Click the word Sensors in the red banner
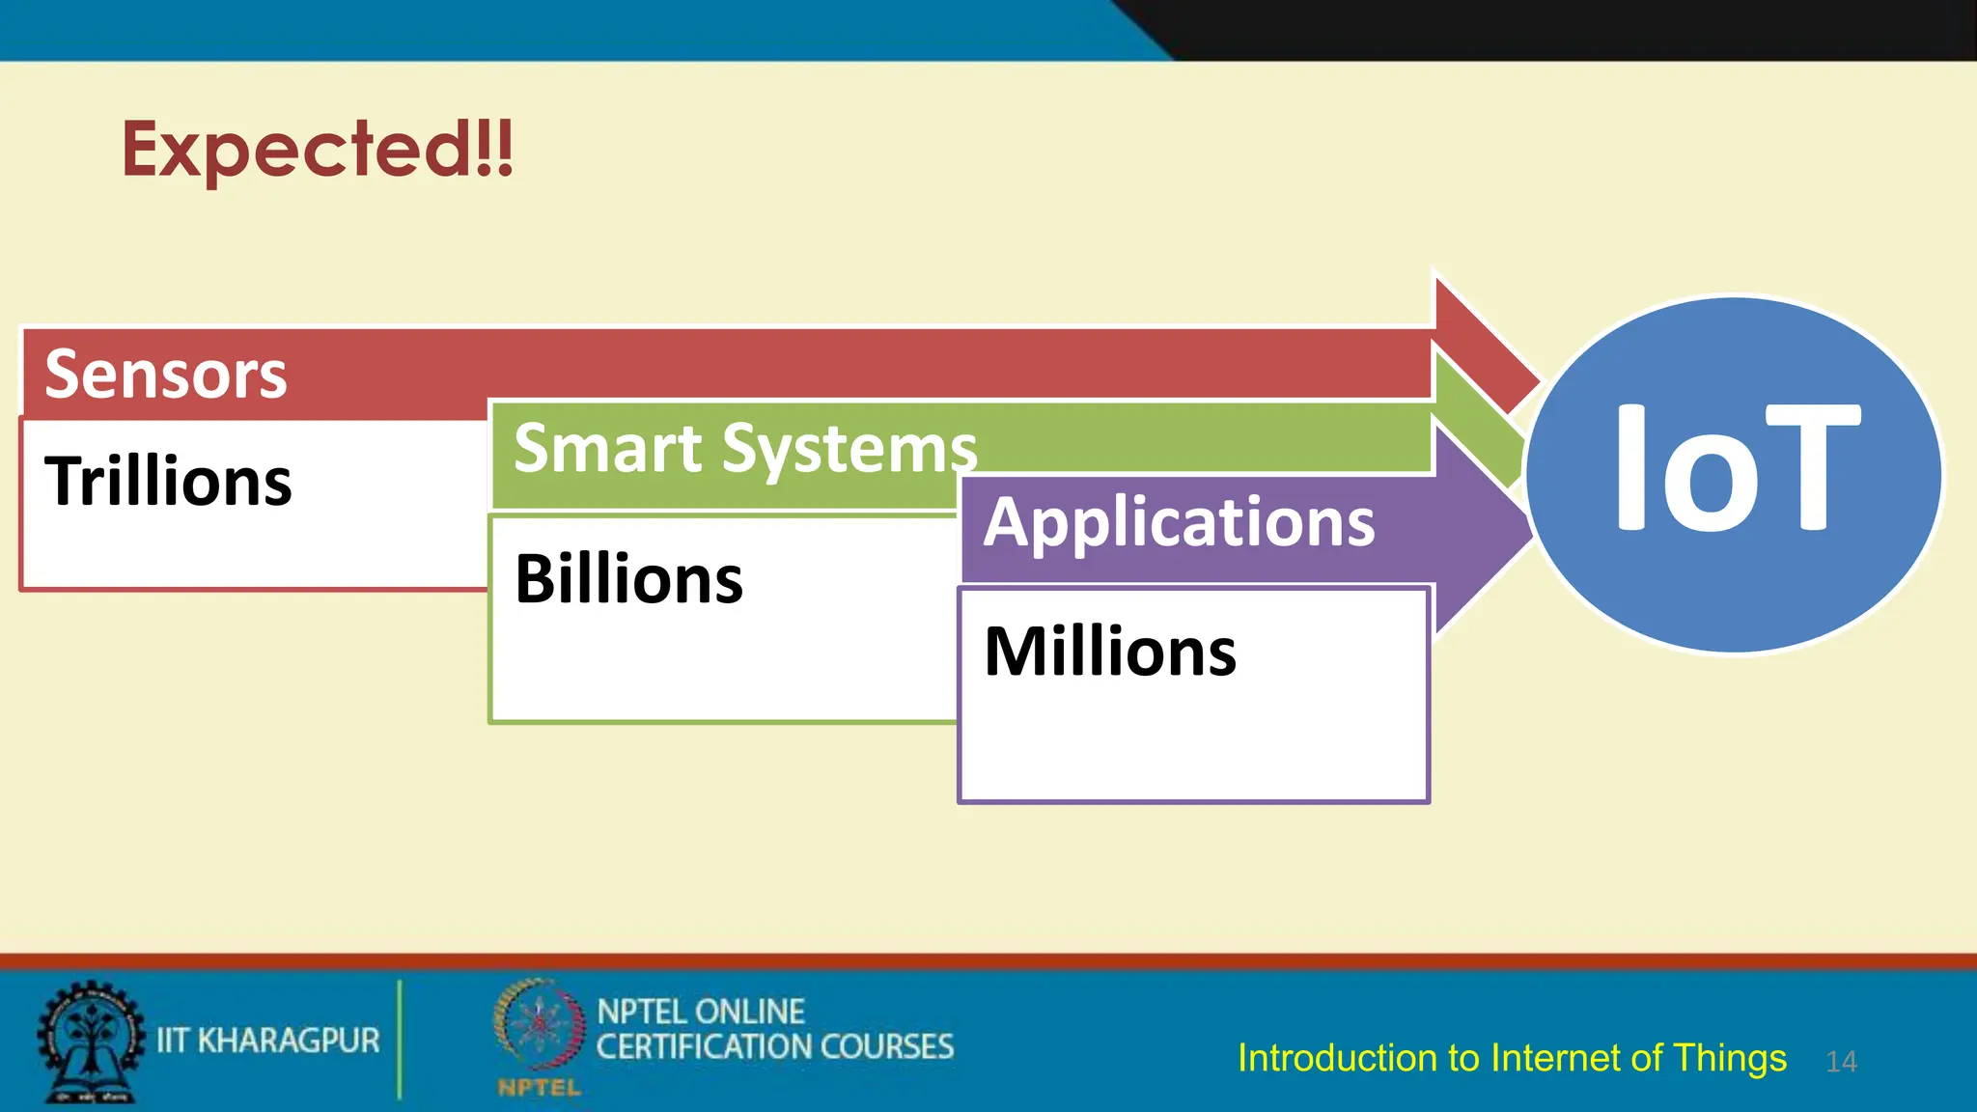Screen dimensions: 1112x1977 tap(166, 375)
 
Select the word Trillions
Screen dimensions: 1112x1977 tap(168, 481)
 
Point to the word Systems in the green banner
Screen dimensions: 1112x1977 tap(849, 450)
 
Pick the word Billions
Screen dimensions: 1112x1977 tap(628, 579)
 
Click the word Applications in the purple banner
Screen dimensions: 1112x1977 tap(1179, 522)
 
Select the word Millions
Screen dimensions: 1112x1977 tap(1109, 652)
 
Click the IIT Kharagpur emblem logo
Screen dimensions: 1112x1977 tap(90, 1041)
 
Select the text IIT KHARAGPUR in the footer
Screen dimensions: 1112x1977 tap(268, 1041)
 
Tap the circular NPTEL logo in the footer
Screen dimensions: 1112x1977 tap(540, 1025)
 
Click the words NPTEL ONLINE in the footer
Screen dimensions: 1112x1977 tap(701, 1012)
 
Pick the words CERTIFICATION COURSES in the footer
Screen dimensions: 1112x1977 tap(774, 1047)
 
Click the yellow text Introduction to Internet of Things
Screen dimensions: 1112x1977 tap(1512, 1058)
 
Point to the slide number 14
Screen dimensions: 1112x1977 tap(1841, 1062)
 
